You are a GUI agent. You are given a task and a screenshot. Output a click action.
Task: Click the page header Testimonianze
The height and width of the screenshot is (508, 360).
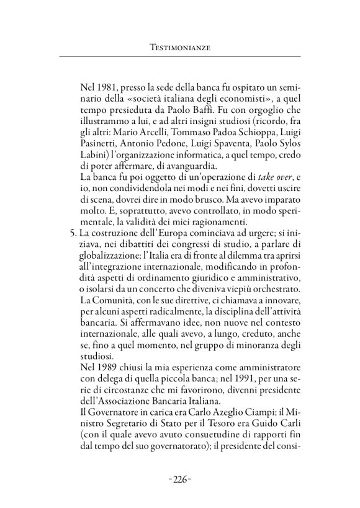180,47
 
